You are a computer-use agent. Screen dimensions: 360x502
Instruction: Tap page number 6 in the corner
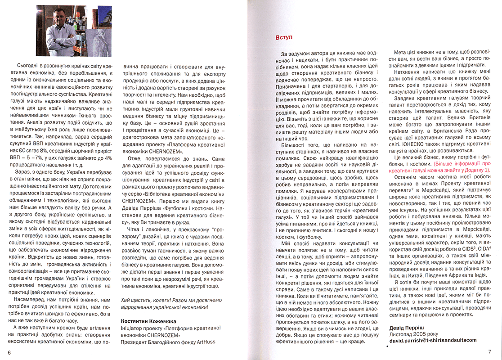click(x=9, y=351)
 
